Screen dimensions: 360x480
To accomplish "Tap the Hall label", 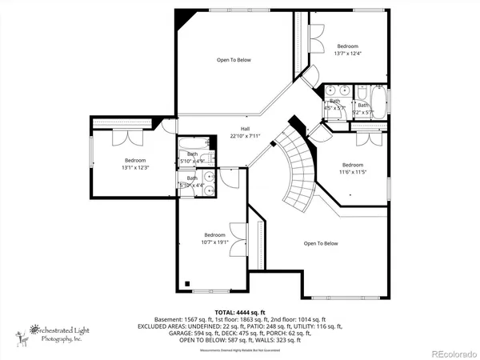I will tap(246, 128).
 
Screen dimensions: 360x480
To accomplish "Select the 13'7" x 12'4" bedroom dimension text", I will tap(348, 54).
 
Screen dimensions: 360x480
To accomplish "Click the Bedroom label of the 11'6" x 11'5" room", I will tap(353, 164).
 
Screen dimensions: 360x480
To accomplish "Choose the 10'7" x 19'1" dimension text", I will tap(214, 242).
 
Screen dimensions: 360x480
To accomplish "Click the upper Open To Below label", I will tap(234, 60).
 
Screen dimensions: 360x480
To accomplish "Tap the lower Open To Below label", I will tap(321, 243).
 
